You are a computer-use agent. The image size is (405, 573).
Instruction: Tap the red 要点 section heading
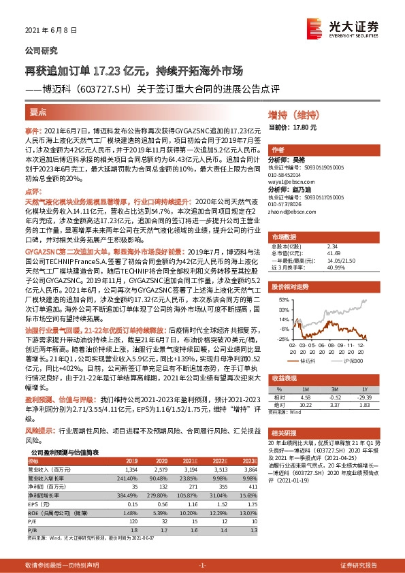pos(37,113)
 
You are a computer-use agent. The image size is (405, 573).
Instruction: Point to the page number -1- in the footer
pos(202,566)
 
